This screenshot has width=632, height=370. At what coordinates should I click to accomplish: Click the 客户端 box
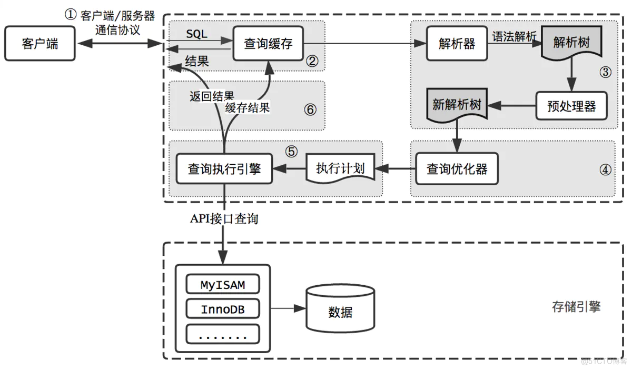[40, 44]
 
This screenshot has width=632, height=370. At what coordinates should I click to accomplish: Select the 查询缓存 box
[268, 44]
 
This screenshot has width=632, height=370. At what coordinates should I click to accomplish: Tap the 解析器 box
[457, 44]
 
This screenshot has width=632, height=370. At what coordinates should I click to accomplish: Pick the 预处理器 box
[571, 106]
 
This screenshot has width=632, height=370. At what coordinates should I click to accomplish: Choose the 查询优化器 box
[457, 169]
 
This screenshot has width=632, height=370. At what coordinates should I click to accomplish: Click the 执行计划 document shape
[340, 169]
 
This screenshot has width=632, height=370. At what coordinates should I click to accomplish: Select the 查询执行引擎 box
[224, 169]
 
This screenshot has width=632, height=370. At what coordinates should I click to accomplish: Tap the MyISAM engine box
[223, 285]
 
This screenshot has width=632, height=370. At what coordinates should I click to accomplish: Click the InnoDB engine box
[223, 309]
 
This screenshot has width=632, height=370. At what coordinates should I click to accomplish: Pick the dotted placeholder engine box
[223, 334]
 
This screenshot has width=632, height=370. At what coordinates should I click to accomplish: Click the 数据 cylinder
[340, 312]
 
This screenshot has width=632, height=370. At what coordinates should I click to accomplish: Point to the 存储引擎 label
[576, 307]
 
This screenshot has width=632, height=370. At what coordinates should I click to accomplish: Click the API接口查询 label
[224, 219]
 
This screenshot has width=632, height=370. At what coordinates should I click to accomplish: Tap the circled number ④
[606, 169]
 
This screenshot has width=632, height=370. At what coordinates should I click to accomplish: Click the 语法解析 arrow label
[513, 36]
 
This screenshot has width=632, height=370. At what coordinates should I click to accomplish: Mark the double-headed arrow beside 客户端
[118, 44]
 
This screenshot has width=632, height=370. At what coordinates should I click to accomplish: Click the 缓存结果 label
[247, 108]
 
